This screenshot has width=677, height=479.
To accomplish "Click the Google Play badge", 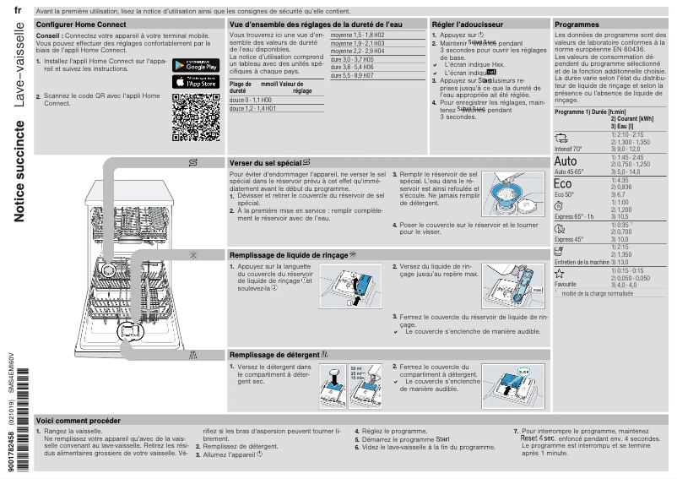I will [196, 66].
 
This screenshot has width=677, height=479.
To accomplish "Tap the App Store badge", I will [196, 82].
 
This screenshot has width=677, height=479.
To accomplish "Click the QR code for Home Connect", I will [196, 117].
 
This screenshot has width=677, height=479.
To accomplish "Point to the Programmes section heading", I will [577, 24].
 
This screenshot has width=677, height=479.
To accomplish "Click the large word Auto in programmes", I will [566, 161].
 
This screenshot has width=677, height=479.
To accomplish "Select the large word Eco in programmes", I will [563, 184].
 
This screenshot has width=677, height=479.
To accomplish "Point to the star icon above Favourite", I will [558, 274].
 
